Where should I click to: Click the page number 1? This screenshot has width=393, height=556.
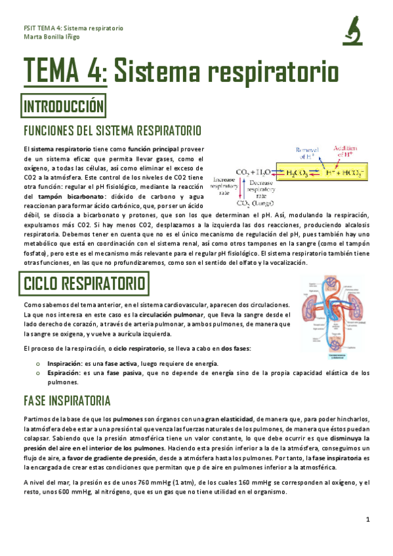[x=368, y=519]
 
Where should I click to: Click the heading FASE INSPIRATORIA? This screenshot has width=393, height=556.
[x=66, y=401]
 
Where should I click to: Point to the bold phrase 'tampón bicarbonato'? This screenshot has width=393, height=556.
[x=73, y=195]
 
